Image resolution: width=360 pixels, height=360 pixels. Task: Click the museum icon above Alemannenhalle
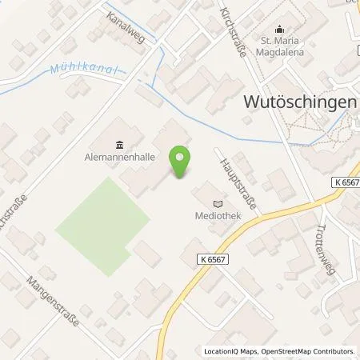coord(119,144)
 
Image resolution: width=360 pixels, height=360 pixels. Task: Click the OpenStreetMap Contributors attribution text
coord(313,351)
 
